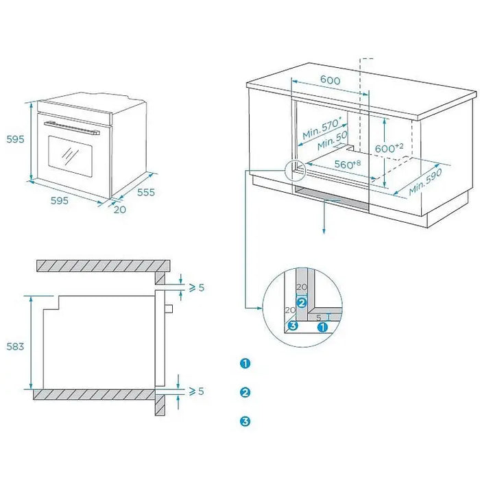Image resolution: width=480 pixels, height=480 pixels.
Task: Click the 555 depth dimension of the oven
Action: (x=145, y=193)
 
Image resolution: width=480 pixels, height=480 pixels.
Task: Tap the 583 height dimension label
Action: (x=15, y=346)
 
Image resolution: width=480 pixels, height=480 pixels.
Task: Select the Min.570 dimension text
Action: (x=321, y=128)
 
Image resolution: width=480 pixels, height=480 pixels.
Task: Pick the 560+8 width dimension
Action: (x=348, y=165)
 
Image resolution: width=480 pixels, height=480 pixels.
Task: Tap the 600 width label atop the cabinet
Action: (x=330, y=80)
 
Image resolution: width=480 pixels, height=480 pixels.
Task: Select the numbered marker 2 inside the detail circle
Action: (x=300, y=302)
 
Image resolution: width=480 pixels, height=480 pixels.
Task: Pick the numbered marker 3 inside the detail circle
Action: (x=293, y=326)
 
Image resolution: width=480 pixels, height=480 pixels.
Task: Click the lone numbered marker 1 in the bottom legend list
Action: (x=245, y=363)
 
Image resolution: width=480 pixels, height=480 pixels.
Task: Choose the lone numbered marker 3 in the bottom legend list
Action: (x=245, y=421)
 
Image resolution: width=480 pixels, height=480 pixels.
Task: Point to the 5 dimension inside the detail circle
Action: (x=319, y=317)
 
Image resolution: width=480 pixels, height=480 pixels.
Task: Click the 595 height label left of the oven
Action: (x=15, y=139)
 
